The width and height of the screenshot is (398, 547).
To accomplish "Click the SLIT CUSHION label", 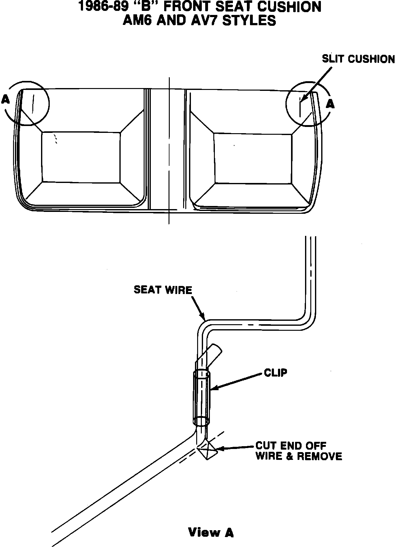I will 358,59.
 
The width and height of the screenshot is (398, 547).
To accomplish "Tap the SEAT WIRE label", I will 163,290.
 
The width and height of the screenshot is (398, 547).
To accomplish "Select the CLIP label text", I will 275,372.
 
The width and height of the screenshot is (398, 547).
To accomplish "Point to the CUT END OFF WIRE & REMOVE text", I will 298,451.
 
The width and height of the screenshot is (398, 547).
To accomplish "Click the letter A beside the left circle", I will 5,100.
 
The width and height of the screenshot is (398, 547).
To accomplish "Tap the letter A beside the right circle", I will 330,104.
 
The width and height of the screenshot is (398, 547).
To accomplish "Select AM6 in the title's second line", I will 139,21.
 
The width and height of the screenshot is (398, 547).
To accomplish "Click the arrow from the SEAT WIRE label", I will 198,308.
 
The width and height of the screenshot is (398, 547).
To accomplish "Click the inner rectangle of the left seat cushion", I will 81,157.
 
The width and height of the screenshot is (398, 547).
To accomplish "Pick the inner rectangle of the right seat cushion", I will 253,158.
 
